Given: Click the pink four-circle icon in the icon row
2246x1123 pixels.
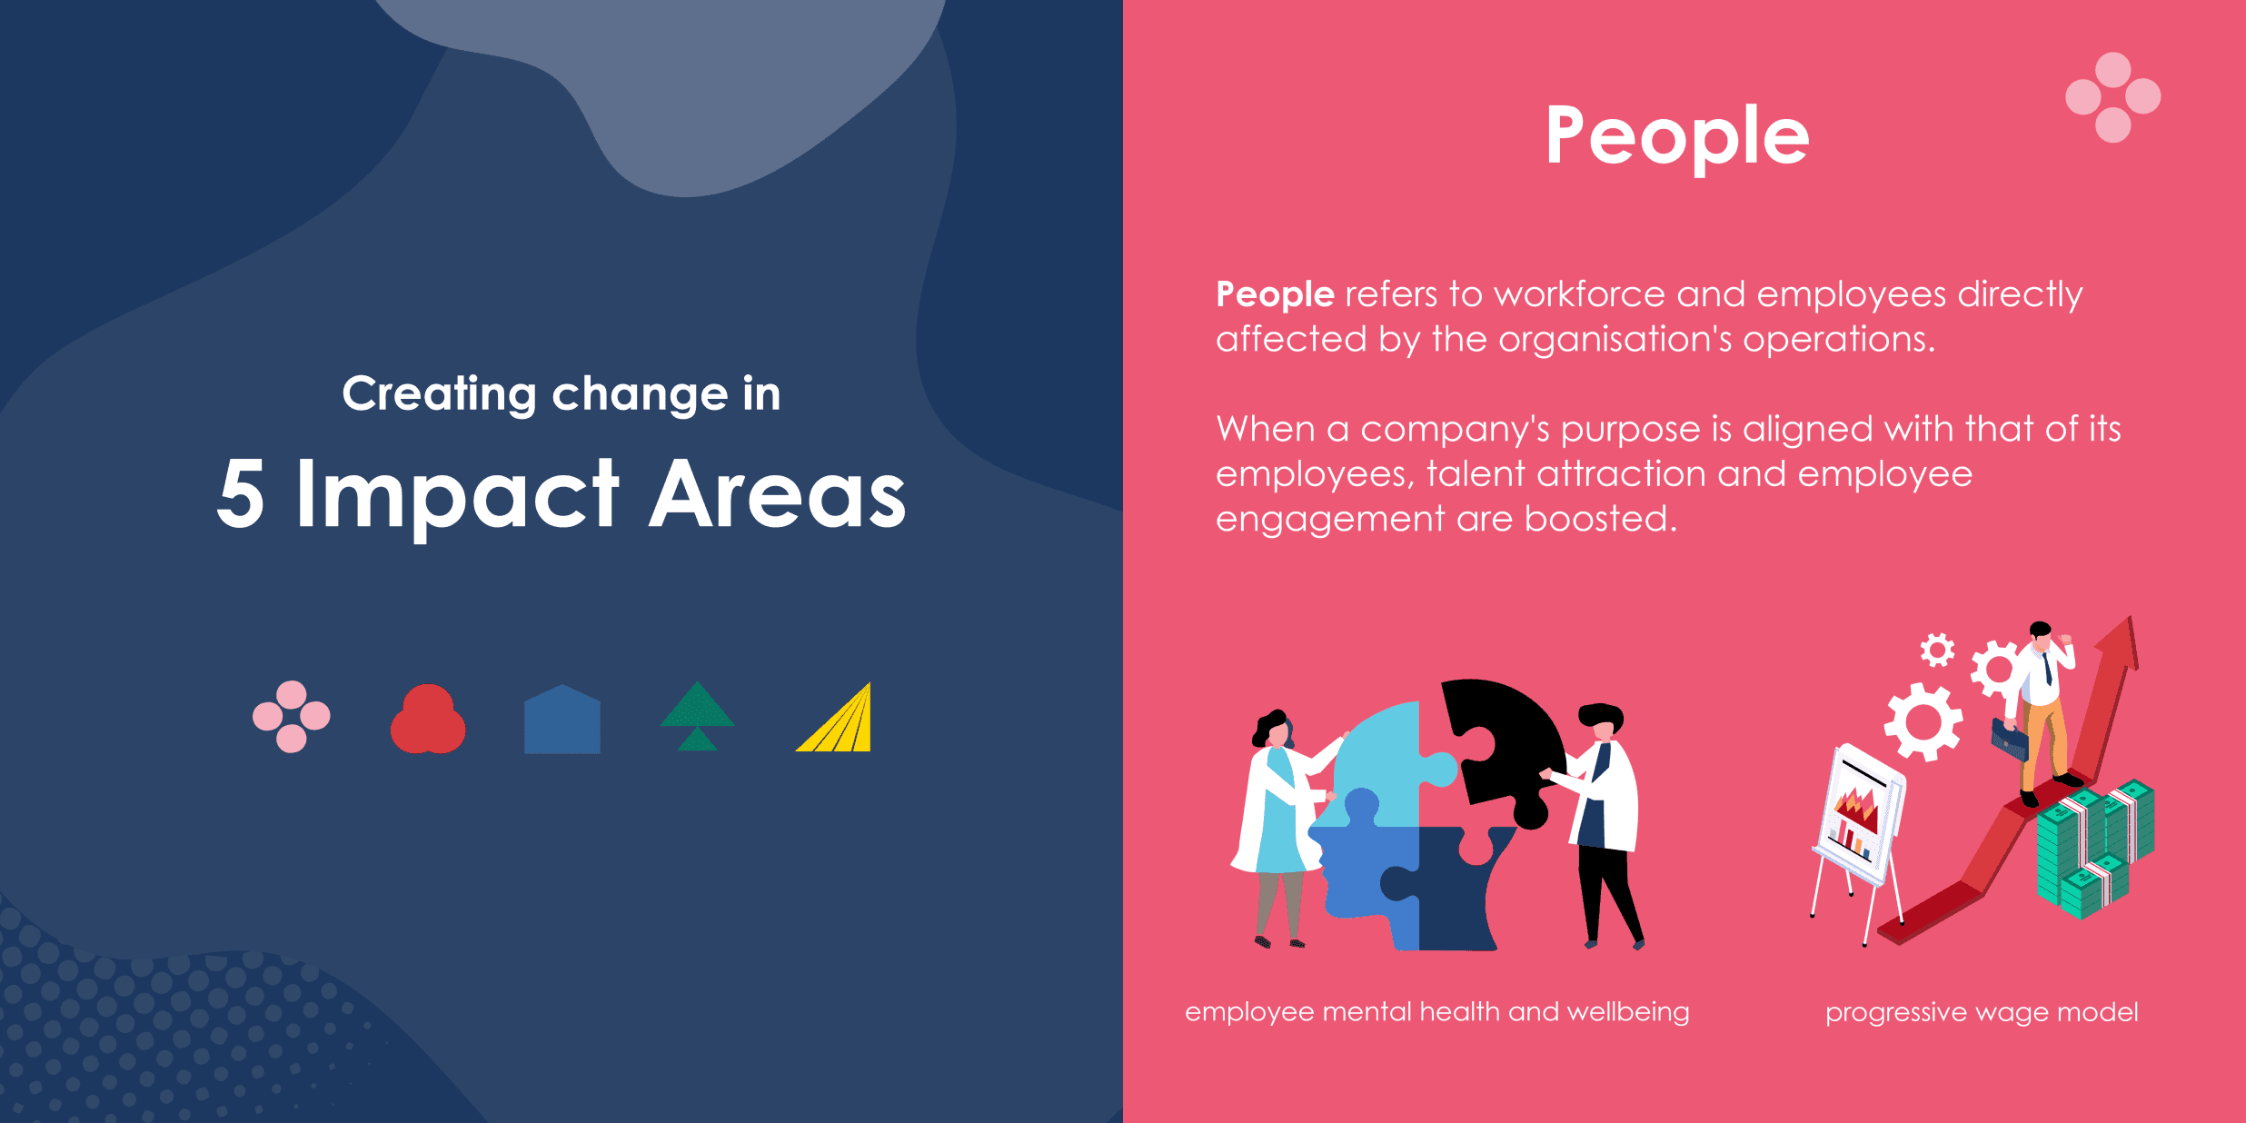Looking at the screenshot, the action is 291,717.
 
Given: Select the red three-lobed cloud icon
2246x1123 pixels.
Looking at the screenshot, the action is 428,719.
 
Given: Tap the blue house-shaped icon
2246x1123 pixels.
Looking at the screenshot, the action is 562,719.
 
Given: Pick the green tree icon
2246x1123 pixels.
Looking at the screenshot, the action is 697,716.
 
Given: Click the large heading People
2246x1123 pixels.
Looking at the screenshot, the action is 1677,136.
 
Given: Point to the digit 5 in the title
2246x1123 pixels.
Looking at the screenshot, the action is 241,493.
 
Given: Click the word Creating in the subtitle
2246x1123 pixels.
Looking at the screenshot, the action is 439,395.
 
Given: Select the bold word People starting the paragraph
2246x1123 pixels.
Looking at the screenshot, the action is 1275,294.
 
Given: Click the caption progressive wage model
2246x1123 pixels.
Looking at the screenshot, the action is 1982,1012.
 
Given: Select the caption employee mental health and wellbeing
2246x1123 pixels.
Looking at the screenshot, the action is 1436,1012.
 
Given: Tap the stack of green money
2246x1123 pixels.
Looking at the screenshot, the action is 2094,850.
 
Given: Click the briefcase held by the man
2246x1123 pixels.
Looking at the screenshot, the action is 2009,740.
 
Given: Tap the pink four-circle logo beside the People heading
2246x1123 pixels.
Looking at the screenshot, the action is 2112,97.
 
